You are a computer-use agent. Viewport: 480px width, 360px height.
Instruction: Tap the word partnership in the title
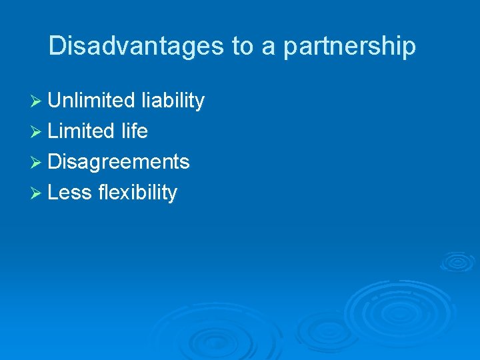point(350,47)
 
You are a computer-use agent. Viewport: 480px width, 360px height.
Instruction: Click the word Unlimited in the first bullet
point(91,101)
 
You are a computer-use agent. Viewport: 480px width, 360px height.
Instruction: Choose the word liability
point(173,101)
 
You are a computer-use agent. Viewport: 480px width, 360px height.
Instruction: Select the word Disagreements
point(119,162)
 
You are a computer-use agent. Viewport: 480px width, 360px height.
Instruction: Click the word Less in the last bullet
point(70,193)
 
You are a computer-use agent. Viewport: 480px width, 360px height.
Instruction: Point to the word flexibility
point(137,193)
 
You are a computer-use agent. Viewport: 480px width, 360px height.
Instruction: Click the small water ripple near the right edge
point(457,261)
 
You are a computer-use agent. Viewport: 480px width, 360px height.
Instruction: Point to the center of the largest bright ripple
point(386,310)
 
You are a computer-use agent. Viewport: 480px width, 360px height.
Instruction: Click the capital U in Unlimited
point(55,101)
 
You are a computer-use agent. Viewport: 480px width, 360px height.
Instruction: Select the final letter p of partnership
point(409,48)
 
